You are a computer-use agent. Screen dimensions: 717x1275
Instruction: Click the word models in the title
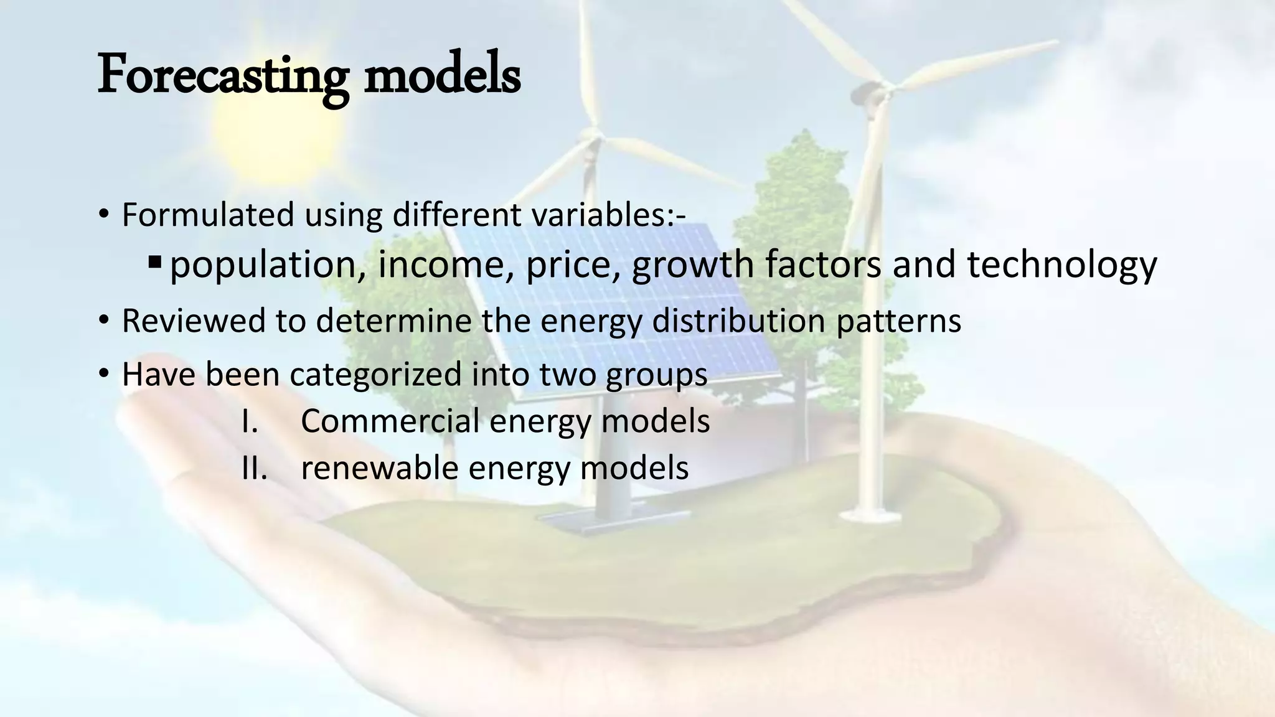pos(442,75)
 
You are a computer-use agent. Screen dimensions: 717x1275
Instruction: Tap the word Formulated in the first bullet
pos(208,215)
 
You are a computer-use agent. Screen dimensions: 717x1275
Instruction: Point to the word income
pos(441,265)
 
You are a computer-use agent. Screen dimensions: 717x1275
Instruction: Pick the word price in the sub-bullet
pos(573,265)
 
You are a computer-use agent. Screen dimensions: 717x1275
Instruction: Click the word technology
pos(1062,265)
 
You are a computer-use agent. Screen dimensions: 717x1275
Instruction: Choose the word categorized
pos(375,375)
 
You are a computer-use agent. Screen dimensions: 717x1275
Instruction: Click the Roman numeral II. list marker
pos(254,468)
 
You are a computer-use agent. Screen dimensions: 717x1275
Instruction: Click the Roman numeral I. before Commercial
pos(250,421)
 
